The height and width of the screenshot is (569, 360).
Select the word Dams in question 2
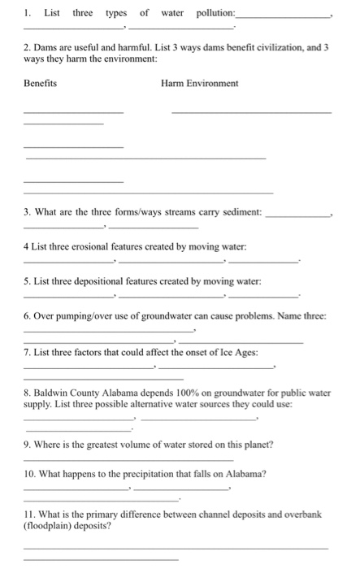coord(49,49)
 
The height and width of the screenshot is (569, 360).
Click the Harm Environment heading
coord(200,83)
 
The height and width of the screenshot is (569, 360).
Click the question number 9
coord(28,444)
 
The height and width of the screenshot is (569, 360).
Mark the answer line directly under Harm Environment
coord(251,111)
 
